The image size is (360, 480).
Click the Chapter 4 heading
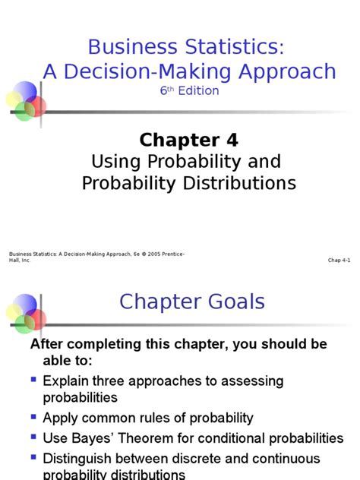pyautogui.click(x=188, y=140)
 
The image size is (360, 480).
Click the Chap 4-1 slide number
pyautogui.click(x=339, y=260)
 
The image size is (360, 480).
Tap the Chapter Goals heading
pyautogui.click(x=192, y=302)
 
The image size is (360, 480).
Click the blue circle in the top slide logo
pyautogui.click(x=25, y=92)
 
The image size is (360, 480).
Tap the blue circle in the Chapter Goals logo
pyautogui.click(x=25, y=305)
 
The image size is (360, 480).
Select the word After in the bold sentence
pyautogui.click(x=46, y=344)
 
